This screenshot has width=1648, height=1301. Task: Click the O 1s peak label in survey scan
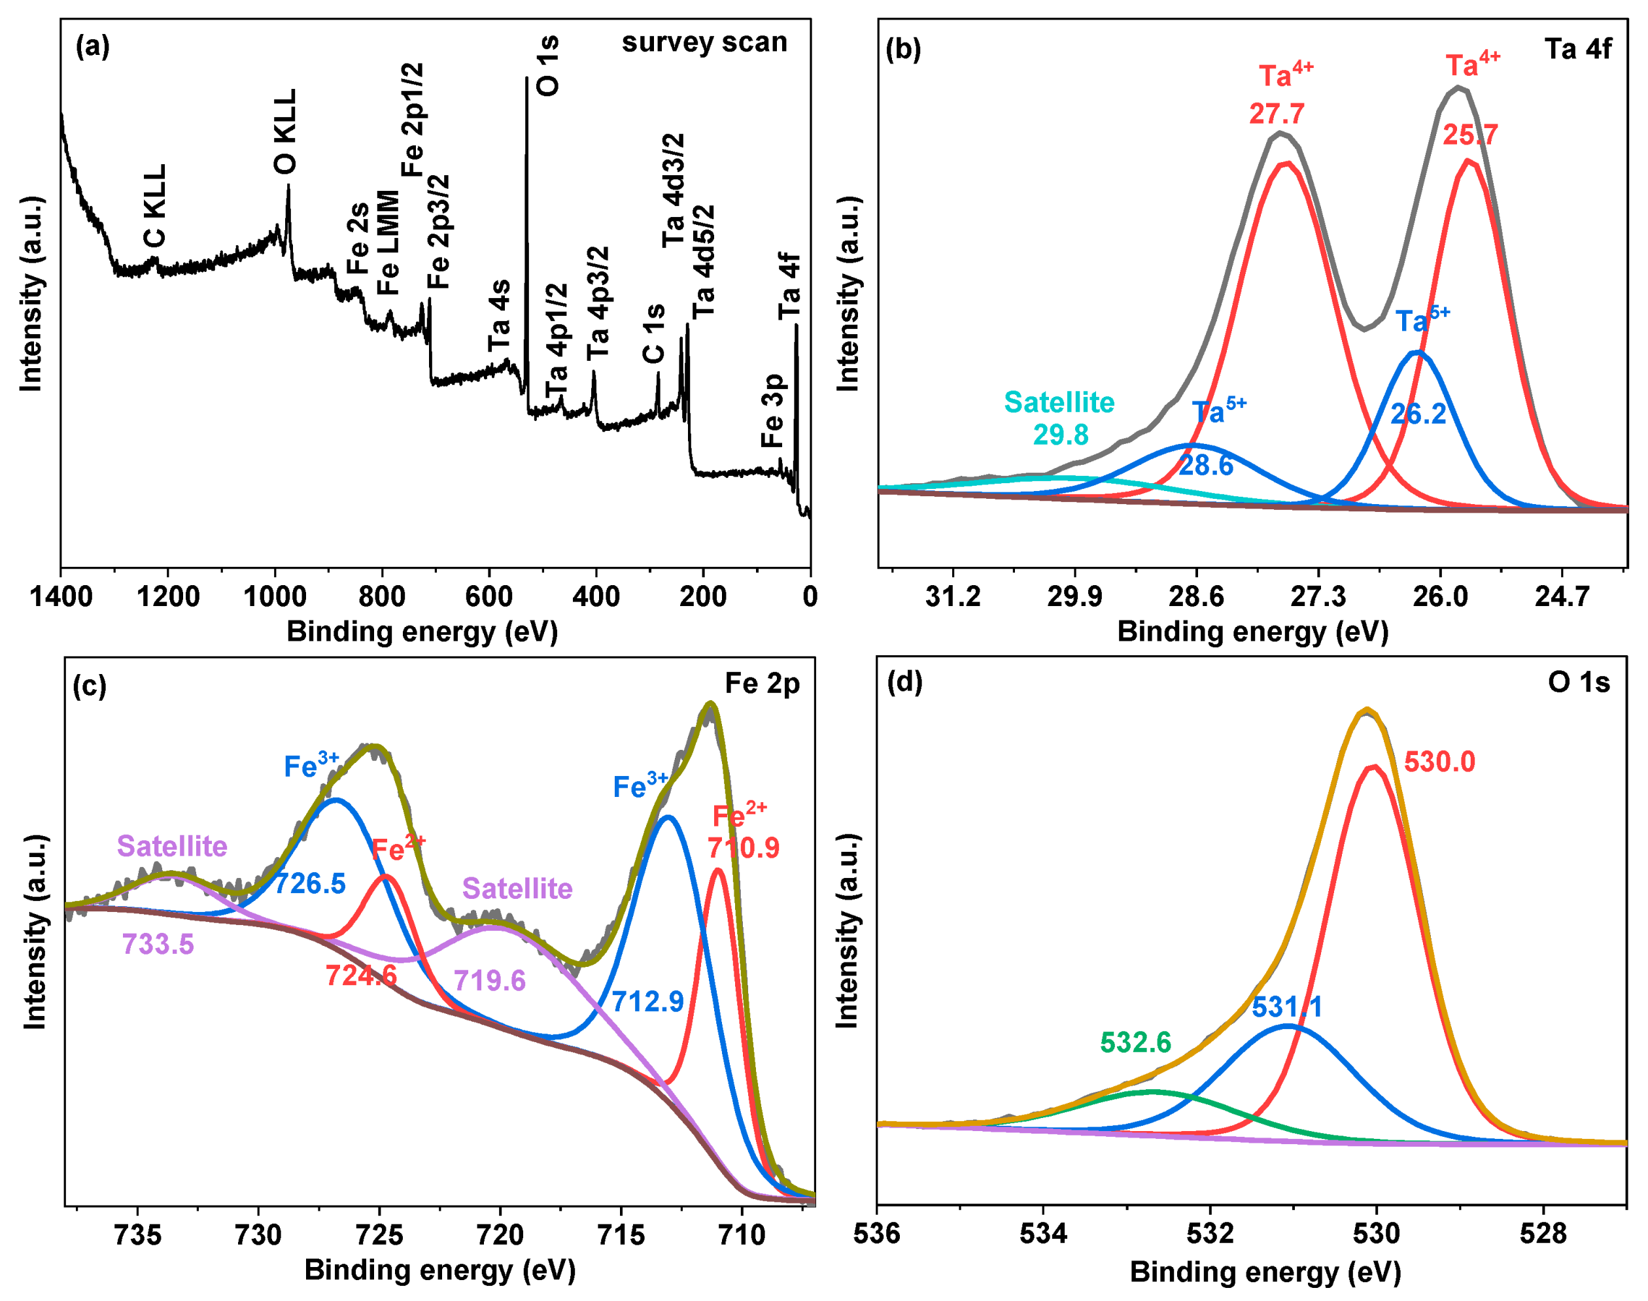[548, 65]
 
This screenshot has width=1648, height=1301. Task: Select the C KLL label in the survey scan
[155, 206]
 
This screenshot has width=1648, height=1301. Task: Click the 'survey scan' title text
[704, 42]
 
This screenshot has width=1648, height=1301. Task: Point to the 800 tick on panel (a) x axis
[382, 596]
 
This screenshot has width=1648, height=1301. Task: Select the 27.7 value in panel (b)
[1277, 114]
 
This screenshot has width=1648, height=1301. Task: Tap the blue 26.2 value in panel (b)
[1418, 414]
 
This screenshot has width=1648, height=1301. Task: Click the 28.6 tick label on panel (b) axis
[1196, 596]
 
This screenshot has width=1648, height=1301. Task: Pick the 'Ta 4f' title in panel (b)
[1578, 50]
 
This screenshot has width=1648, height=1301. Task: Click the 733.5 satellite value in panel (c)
[158, 945]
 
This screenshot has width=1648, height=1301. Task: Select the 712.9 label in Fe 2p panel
[647, 1002]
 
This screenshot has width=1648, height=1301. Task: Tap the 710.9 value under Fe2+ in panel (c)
[744, 848]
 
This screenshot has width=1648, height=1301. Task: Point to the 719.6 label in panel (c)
[489, 980]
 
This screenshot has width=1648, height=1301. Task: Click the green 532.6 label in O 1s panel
[1135, 1042]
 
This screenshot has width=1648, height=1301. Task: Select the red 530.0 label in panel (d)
[1439, 762]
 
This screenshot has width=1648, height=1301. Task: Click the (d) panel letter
[904, 682]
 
